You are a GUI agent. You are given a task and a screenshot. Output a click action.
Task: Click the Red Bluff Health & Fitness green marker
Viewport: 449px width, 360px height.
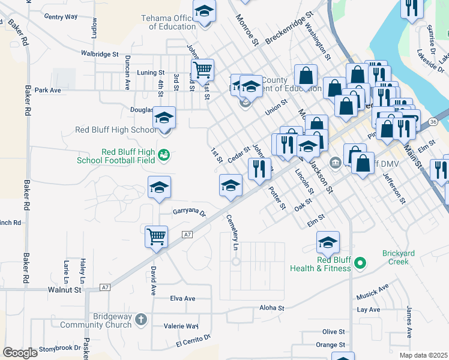(360, 263)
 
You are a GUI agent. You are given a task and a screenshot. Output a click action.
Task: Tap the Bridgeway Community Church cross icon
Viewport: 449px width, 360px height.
(140, 319)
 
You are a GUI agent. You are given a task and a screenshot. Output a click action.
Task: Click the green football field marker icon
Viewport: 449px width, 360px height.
(163, 156)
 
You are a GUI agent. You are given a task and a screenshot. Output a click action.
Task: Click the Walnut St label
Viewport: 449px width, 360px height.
(64, 290)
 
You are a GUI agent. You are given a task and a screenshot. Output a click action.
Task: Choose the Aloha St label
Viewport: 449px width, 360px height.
(271, 308)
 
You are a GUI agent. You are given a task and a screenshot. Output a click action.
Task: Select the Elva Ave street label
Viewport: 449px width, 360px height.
(183, 298)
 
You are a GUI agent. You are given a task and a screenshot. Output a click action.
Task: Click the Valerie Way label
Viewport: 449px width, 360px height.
(181, 326)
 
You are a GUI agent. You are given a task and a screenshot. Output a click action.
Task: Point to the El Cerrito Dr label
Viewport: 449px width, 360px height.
(193, 340)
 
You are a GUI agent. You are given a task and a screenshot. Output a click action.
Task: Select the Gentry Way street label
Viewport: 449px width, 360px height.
(61, 17)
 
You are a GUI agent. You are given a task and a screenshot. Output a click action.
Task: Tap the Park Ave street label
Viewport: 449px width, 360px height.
(48, 91)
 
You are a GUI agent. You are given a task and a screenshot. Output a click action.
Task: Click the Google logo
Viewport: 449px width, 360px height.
(20, 353)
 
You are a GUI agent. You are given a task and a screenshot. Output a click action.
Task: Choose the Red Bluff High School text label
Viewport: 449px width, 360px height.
(115, 130)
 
